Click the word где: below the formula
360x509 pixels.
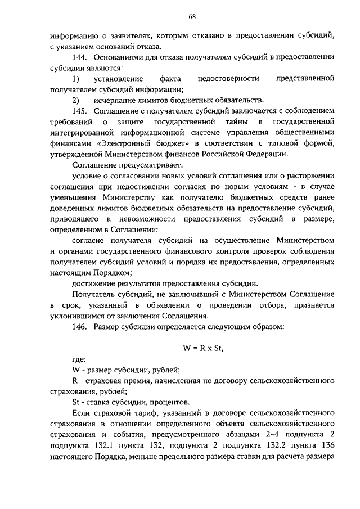tap(79, 359)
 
